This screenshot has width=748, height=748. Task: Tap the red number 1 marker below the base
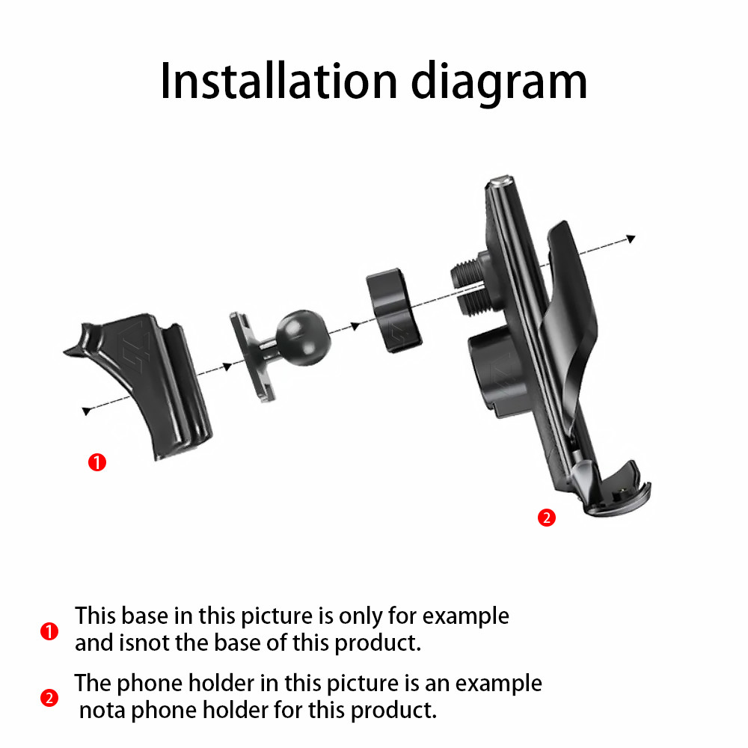pyautogui.click(x=97, y=462)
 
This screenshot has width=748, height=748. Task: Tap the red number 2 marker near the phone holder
pyautogui.click(x=547, y=518)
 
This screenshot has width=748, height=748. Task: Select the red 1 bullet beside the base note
pyautogui.click(x=49, y=632)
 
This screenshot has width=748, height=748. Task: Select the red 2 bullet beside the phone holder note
pyautogui.click(x=49, y=699)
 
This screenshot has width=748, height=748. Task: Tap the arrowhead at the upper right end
pyautogui.click(x=631, y=238)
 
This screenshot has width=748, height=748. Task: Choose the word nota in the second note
pyautogui.click(x=102, y=710)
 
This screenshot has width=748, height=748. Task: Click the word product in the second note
pyautogui.click(x=387, y=710)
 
